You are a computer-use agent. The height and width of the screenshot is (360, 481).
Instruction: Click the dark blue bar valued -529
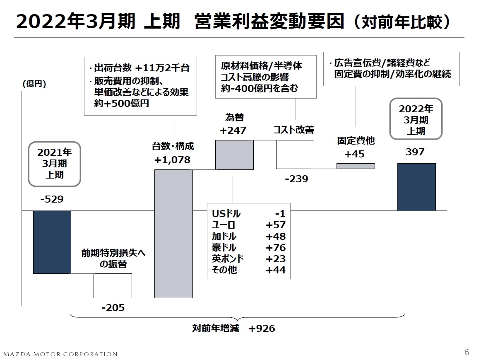point(52,242)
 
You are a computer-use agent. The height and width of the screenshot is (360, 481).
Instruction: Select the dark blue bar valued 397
point(416,187)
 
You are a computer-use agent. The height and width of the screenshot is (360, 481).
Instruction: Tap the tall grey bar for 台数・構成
point(173,234)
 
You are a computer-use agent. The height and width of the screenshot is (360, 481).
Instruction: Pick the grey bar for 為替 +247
point(234,155)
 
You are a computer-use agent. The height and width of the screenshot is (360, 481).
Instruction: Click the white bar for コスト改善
point(295,155)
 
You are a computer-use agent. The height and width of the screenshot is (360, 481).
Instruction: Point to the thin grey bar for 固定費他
point(356,166)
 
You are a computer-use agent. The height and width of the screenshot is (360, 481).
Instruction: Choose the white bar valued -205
point(113,285)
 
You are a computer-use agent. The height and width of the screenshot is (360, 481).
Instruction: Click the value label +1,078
point(172,160)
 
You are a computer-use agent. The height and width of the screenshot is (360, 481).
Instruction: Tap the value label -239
point(296,179)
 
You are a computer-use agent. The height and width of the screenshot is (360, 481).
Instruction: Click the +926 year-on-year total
point(262,329)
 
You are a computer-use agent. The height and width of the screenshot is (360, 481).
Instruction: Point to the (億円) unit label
point(34,84)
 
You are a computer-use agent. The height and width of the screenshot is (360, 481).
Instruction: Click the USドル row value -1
point(280,214)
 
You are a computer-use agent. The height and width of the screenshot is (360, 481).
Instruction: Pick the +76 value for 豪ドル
point(276,248)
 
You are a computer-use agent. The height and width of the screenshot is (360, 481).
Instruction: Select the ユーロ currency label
point(223,225)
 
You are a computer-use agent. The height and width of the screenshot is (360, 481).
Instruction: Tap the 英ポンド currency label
point(228,259)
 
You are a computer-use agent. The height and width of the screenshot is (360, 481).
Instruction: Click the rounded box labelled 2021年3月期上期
point(54,163)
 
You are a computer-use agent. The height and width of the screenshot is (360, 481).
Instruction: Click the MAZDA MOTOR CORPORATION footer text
point(60,354)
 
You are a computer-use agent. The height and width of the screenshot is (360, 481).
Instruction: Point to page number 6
point(467,353)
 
